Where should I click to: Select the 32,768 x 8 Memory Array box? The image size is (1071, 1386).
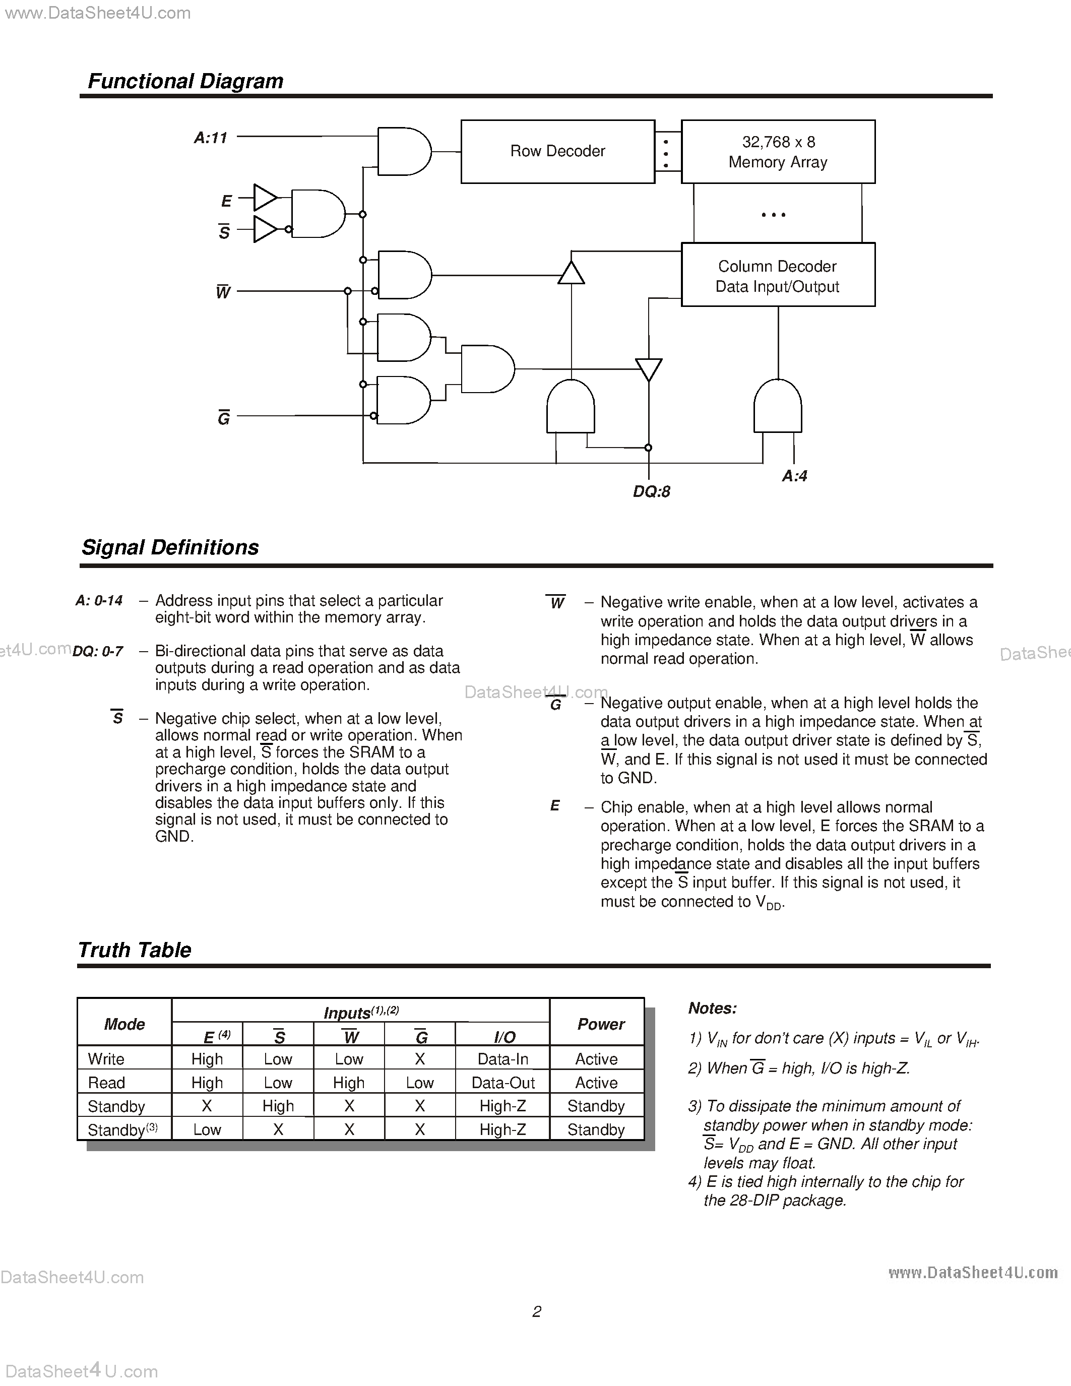778,152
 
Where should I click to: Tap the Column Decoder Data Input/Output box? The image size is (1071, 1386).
778,275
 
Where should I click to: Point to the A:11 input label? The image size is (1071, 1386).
211,138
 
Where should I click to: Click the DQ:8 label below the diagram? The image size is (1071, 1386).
652,491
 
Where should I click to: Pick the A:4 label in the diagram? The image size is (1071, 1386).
794,476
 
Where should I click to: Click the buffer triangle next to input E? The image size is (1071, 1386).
264,198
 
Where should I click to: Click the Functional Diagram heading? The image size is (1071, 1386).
185,81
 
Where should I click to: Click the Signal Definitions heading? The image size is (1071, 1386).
170,547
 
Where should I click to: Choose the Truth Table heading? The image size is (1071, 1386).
135,950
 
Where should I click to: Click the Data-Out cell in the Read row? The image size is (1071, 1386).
503,1083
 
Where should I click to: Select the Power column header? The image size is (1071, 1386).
600,1024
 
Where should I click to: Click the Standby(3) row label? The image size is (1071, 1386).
122,1129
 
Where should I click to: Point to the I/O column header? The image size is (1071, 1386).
505,1037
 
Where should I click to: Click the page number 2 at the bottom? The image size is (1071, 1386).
536,1311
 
